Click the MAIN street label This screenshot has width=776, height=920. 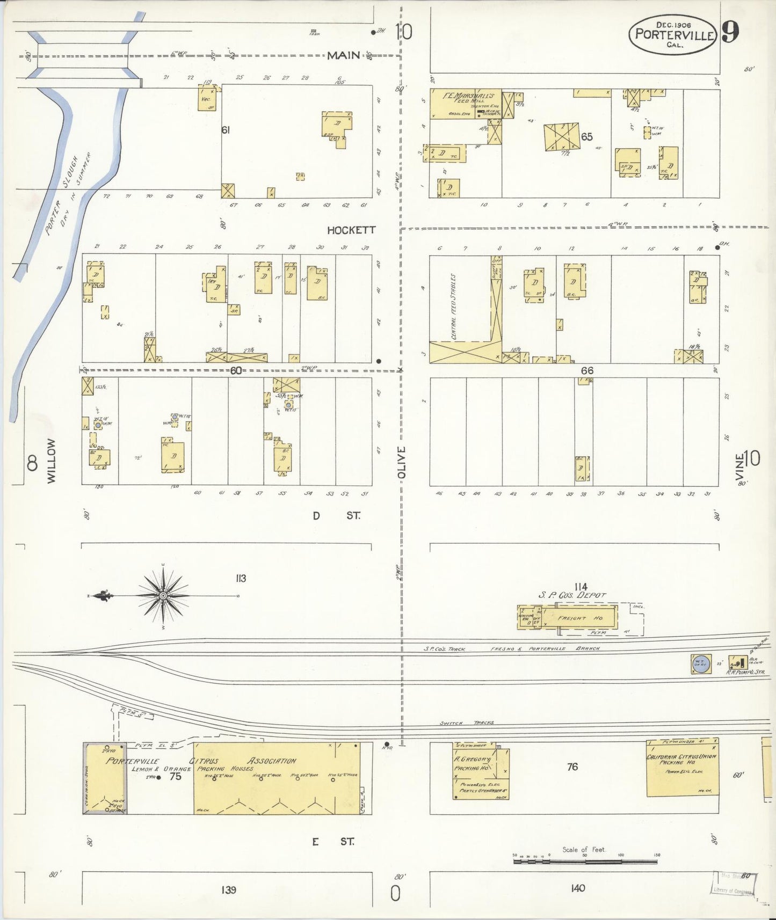344,55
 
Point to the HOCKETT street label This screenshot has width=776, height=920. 352,230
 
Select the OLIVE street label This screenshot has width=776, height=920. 402,462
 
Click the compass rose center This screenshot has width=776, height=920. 163,596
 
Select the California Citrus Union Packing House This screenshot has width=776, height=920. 682,768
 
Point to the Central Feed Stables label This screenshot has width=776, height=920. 454,306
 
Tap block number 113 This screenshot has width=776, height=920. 240,578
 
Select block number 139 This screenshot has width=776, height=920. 228,889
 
